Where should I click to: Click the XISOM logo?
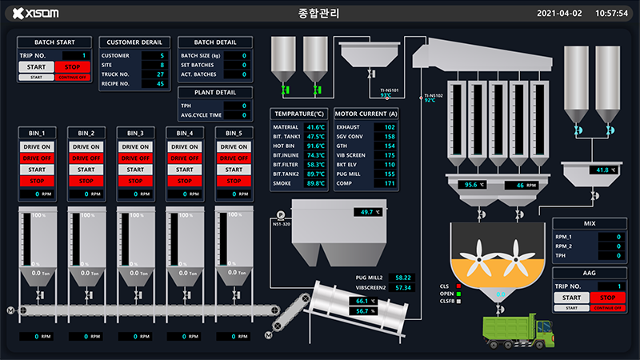click(37, 14)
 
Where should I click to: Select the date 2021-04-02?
click(559, 14)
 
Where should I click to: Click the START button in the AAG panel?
click(571, 298)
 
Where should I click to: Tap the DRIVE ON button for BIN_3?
click(135, 147)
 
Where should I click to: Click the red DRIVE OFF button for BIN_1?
click(38, 158)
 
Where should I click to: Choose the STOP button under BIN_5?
click(234, 181)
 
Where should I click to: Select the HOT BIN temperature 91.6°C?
click(315, 146)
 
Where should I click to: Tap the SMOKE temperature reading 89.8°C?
click(315, 183)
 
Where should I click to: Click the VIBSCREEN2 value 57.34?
click(402, 287)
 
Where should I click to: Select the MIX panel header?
click(590, 224)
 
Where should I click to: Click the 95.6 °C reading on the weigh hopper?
click(476, 185)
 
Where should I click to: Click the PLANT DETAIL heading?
click(214, 93)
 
